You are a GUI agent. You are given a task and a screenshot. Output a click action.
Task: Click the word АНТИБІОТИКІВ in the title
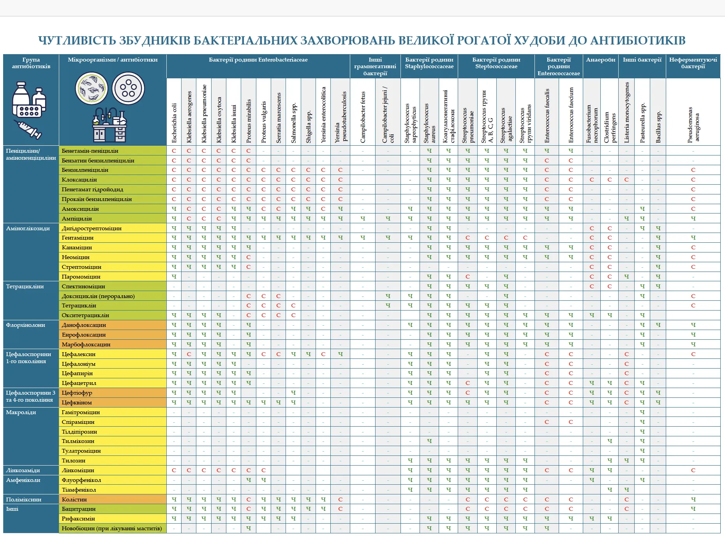click(x=638, y=41)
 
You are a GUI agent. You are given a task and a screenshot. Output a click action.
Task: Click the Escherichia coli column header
click(x=174, y=123)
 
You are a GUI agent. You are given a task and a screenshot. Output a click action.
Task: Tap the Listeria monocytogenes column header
click(x=626, y=112)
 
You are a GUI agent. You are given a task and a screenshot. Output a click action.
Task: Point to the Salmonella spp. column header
click(x=293, y=123)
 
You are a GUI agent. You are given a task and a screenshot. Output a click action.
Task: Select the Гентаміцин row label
click(x=78, y=238)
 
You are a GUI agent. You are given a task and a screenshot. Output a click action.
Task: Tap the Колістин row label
click(x=74, y=499)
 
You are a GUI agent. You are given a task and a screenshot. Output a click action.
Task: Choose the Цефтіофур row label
click(x=77, y=393)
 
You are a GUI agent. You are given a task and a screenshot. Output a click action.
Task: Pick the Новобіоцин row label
click(x=111, y=528)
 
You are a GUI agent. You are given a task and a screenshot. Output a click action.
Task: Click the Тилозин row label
click(x=73, y=461)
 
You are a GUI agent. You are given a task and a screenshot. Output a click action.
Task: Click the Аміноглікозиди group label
click(x=28, y=228)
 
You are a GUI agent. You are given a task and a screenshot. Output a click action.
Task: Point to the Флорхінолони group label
click(x=25, y=325)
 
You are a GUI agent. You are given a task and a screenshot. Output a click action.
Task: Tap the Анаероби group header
click(x=601, y=60)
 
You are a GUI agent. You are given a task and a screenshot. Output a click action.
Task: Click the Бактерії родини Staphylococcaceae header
click(x=429, y=63)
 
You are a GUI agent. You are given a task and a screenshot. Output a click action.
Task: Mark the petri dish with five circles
click(x=128, y=88)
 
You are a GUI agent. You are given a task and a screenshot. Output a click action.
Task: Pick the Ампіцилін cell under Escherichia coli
click(x=174, y=219)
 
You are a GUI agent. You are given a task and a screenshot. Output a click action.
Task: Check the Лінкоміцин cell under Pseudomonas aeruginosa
click(x=693, y=470)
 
